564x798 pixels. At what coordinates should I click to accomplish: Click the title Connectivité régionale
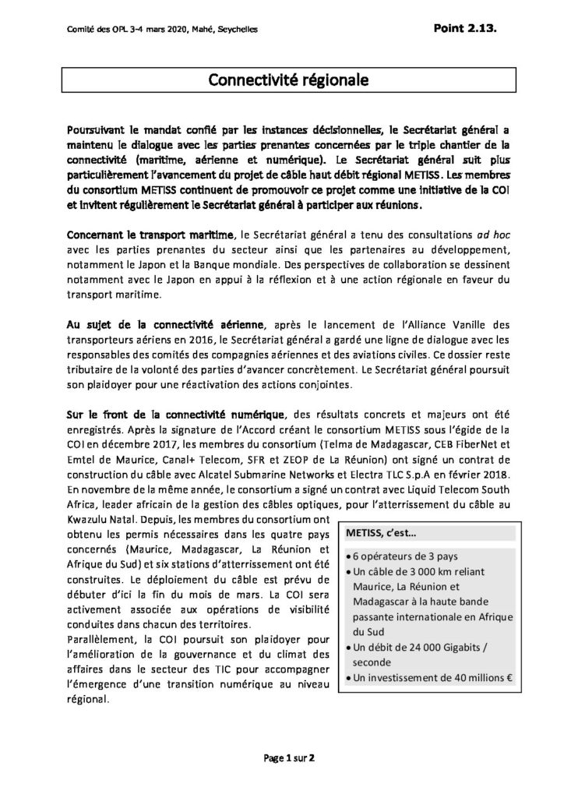click(x=281, y=79)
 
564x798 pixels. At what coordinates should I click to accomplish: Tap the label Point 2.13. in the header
click(x=466, y=27)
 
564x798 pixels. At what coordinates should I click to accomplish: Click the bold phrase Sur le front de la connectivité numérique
click(x=178, y=412)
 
